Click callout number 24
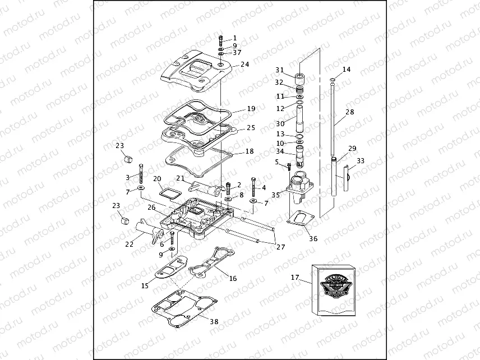(x=244, y=64)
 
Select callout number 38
(x=214, y=322)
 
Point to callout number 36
(x=313, y=238)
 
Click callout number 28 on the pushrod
(x=349, y=112)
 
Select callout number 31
(x=279, y=70)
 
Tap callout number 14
(x=346, y=70)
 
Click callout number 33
(x=360, y=160)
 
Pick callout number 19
(x=251, y=109)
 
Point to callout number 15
(x=145, y=285)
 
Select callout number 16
(x=233, y=278)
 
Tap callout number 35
(x=276, y=195)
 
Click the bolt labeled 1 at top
(x=220, y=40)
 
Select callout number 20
(x=158, y=179)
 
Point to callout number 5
(x=276, y=162)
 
